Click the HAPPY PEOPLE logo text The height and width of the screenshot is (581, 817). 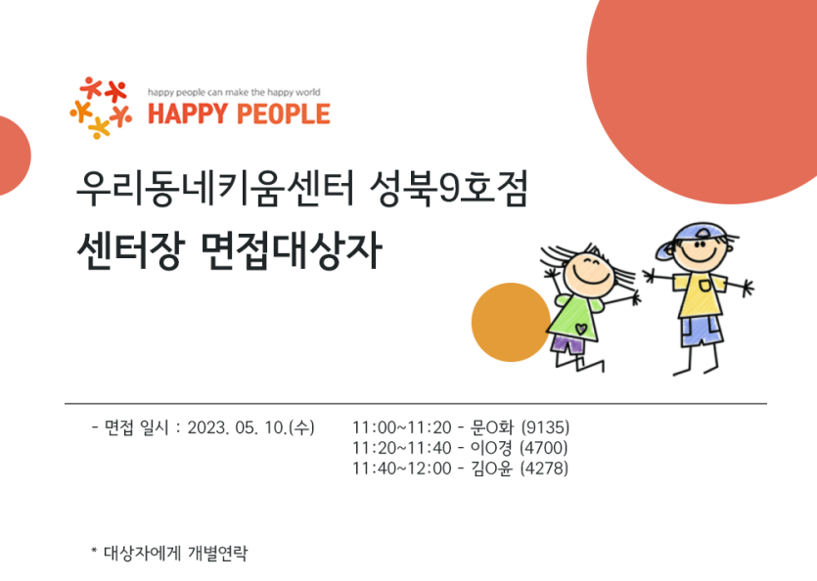(x=239, y=114)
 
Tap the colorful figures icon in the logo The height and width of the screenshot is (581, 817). (x=101, y=108)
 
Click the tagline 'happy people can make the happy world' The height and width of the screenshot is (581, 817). (x=234, y=92)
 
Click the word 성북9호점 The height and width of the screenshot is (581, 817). (x=449, y=189)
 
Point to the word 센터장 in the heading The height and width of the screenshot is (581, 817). (x=130, y=250)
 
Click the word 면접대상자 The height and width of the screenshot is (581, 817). (x=292, y=250)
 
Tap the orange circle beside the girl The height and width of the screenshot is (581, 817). (x=511, y=322)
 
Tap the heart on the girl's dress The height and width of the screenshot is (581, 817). (x=581, y=330)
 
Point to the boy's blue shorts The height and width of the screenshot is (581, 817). (x=702, y=331)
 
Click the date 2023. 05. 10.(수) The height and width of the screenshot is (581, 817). (x=250, y=427)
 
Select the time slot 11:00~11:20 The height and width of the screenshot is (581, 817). (x=402, y=427)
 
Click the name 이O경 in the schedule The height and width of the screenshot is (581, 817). (x=491, y=448)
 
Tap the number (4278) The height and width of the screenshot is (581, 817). (x=545, y=469)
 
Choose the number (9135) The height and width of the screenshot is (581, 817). (x=546, y=427)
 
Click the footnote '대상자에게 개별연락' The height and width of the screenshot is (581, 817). (x=175, y=553)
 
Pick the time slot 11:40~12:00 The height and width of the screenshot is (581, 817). (x=402, y=469)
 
